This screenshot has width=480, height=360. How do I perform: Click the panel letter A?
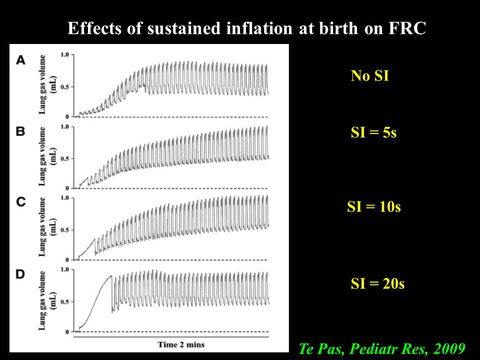(21, 60)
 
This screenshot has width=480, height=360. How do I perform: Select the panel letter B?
(21, 132)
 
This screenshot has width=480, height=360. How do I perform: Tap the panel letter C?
(21, 202)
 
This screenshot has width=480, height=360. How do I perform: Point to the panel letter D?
(21, 274)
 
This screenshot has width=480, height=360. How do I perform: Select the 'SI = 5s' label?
(373, 133)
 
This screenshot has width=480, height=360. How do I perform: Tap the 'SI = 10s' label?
(373, 207)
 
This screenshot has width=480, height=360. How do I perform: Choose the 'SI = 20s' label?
(377, 284)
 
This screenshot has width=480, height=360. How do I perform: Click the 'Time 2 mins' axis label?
(181, 344)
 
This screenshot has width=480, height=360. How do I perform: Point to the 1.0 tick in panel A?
(64, 53)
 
